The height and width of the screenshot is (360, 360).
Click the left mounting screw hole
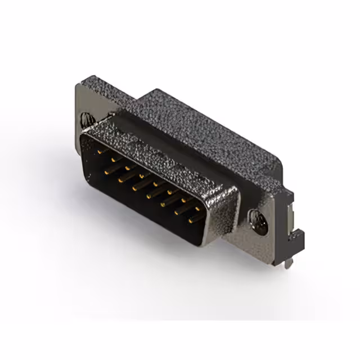tap(87, 119)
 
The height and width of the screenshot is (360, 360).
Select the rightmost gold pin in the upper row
tap(198, 209)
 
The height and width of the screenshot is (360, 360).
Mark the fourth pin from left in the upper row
tap(142, 175)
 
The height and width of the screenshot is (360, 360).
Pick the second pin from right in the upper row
tap(184, 201)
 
